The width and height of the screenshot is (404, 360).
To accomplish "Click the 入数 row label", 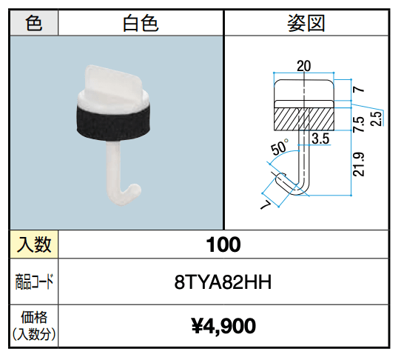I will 34,244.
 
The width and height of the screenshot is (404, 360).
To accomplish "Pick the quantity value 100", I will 223,244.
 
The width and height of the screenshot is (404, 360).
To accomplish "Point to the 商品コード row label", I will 34,281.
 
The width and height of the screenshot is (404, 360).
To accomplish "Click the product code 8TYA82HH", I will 223,281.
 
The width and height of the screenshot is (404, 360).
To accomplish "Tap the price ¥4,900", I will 223,325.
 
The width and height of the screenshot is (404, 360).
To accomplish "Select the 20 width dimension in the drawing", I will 303,65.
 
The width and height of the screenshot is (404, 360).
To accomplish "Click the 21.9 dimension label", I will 358,165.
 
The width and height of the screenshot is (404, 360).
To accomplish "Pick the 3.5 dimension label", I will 320,138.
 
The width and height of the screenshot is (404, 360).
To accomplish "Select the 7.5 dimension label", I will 358,123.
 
